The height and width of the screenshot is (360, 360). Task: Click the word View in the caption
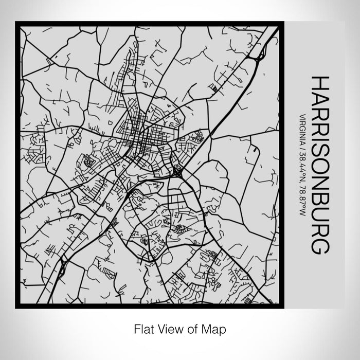point(168,328)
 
